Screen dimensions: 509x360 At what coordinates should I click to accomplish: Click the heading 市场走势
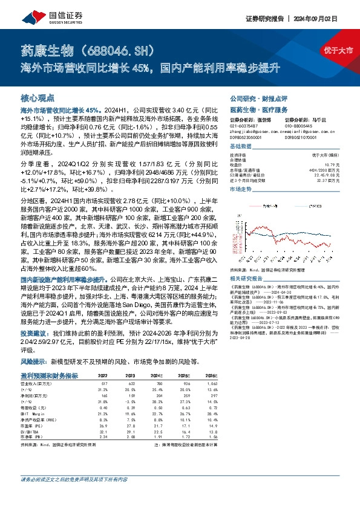241,189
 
